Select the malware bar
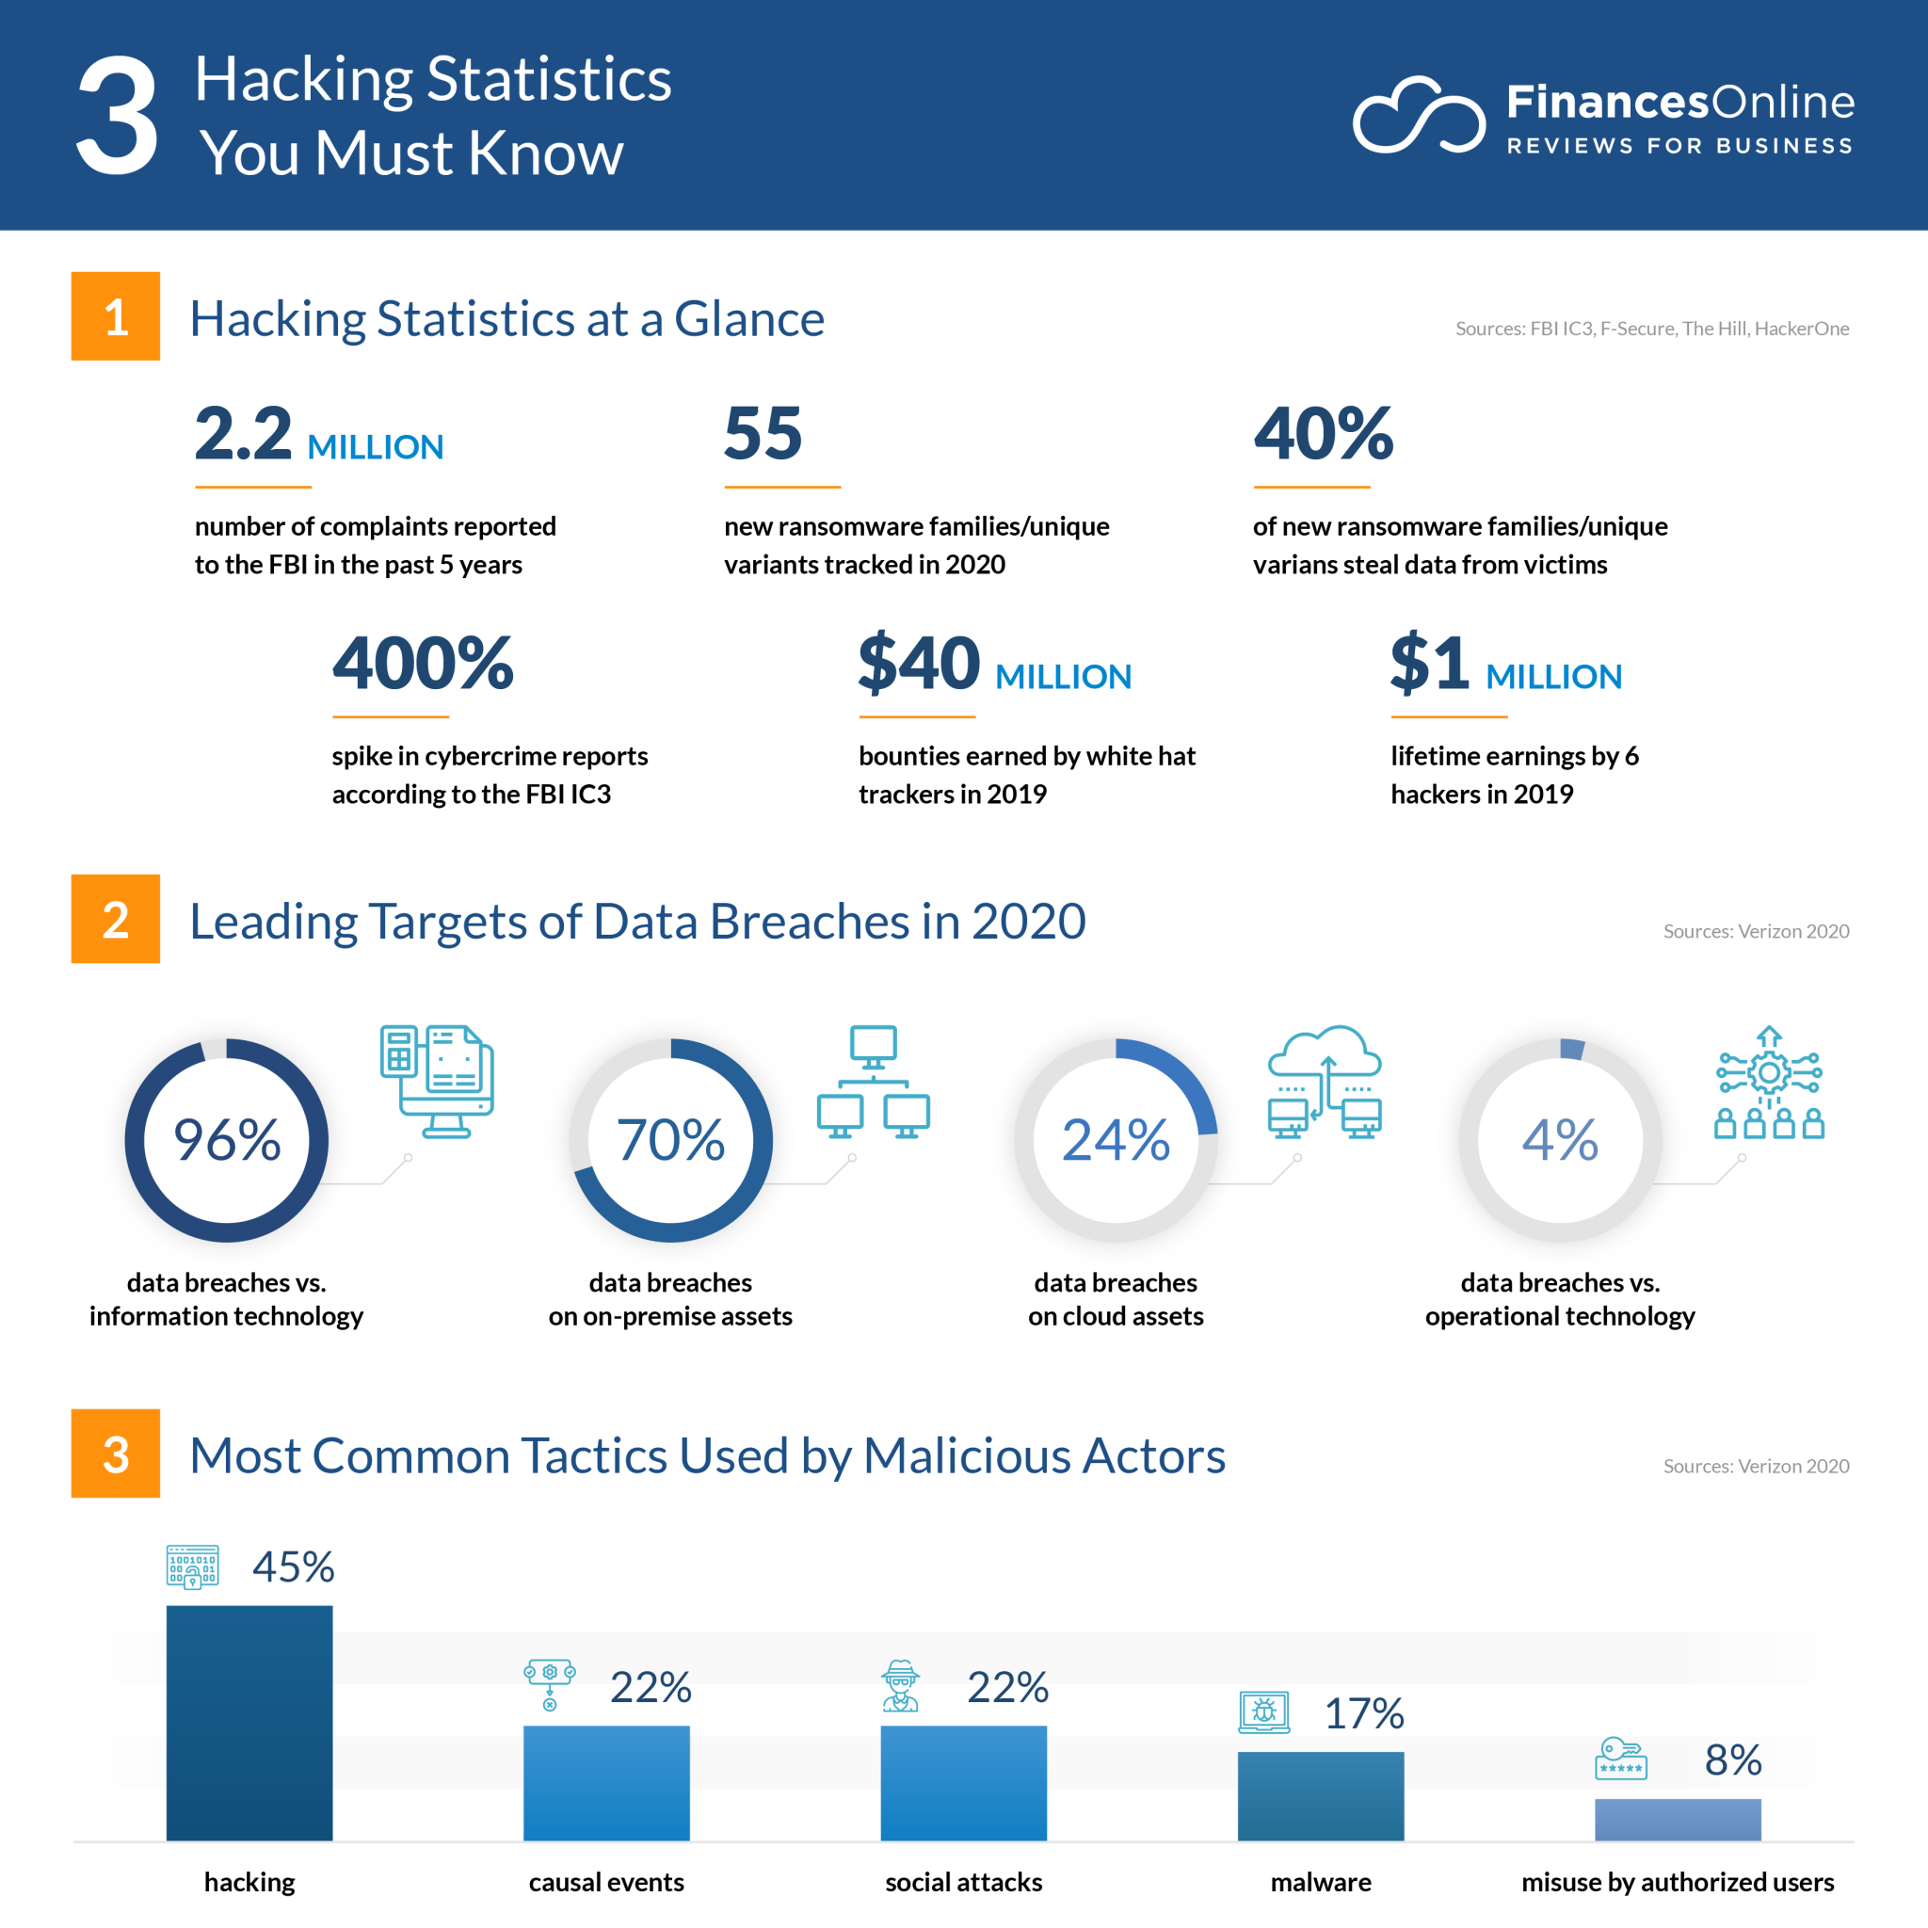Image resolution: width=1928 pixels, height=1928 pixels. click(x=1320, y=1795)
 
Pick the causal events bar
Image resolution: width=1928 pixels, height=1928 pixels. click(x=605, y=1782)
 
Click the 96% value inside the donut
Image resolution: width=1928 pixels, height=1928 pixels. click(x=227, y=1140)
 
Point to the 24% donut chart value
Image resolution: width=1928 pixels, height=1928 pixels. click(x=1116, y=1140)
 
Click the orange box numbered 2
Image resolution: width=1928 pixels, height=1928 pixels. click(x=116, y=918)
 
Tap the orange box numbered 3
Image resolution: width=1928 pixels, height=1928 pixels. click(x=116, y=1453)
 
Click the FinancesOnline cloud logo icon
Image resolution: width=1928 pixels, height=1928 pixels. click(x=1418, y=116)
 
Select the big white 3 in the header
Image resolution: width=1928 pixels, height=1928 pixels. click(x=118, y=116)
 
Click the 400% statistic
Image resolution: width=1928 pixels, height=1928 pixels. click(x=423, y=664)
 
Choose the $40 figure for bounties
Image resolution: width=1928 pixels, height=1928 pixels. click(x=919, y=664)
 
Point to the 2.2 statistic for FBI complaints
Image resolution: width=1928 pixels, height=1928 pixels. click(x=244, y=434)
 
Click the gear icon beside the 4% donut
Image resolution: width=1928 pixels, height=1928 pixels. click(x=1769, y=1073)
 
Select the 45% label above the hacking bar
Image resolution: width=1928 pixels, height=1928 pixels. click(x=294, y=1566)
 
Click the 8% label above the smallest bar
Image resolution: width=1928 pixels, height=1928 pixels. click(x=1732, y=1759)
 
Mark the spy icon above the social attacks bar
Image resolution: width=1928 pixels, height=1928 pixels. click(x=900, y=1685)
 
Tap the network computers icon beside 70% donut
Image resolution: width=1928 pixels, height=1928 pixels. click(x=874, y=1081)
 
